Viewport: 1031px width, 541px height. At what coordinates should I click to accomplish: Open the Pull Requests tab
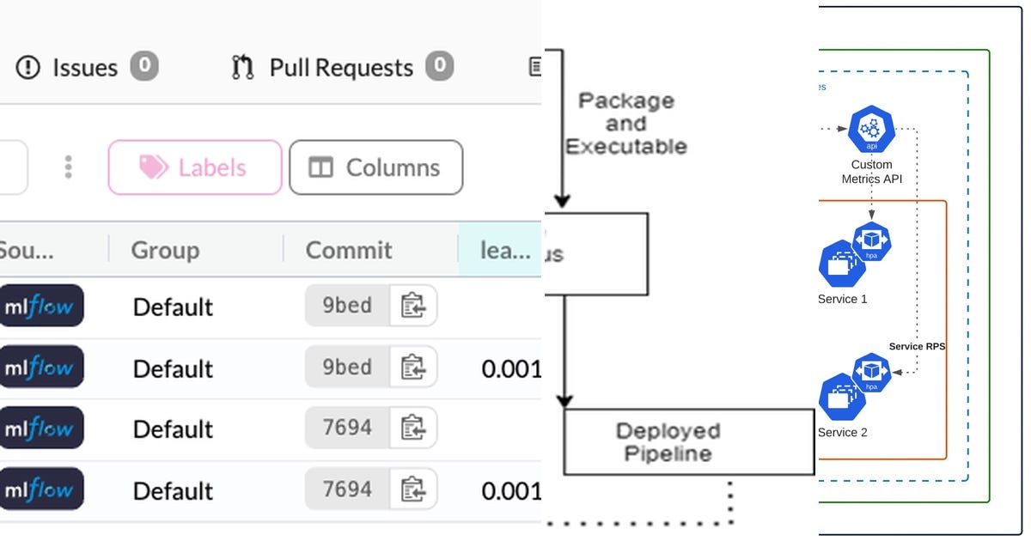point(341,67)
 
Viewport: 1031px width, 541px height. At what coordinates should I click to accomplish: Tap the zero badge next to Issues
point(144,66)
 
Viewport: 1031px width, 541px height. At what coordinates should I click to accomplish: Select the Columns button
point(375,167)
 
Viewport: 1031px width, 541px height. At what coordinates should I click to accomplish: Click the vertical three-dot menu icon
point(69,167)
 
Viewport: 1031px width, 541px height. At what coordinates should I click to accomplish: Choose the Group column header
point(165,250)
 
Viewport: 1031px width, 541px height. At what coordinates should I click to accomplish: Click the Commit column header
point(349,250)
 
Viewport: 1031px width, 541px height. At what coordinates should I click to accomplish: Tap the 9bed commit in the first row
point(347,306)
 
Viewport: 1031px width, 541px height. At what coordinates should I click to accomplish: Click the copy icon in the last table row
point(413,489)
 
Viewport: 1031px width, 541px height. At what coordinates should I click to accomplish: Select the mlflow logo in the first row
point(40,307)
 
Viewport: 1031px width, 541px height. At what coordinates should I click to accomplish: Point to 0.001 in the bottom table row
point(511,490)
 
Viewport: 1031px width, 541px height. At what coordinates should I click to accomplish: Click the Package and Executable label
point(625,124)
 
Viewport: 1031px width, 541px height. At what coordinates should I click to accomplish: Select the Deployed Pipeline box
point(688,441)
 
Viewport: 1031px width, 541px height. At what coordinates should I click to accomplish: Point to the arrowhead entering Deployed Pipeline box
point(564,400)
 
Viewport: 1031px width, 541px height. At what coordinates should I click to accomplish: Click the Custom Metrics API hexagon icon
point(871,131)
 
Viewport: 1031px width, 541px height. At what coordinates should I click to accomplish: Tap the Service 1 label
point(842,299)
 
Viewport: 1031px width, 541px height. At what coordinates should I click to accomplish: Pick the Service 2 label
point(842,432)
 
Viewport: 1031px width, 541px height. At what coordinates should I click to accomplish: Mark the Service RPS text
point(917,346)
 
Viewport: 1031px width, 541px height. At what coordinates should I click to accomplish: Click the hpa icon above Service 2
point(871,373)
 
